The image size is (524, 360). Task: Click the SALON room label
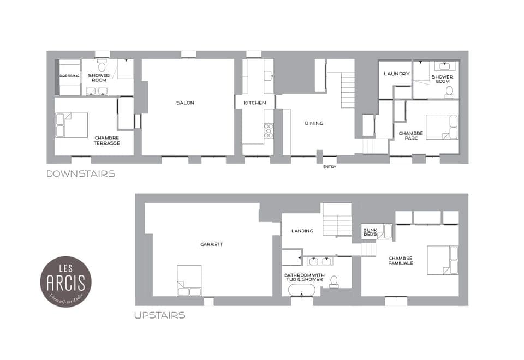pyautogui.click(x=185, y=103)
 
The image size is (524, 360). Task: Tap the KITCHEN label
pyautogui.click(x=254, y=103)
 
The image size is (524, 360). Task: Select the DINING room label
pyautogui.click(x=314, y=123)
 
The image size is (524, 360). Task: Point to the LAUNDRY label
pyautogui.click(x=396, y=74)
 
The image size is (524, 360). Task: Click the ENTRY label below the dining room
pyautogui.click(x=330, y=166)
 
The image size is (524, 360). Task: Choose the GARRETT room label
pyautogui.click(x=211, y=244)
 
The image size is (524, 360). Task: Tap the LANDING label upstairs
pyautogui.click(x=302, y=231)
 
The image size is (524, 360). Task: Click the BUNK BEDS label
pyautogui.click(x=370, y=232)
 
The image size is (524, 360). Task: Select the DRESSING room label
pyautogui.click(x=69, y=76)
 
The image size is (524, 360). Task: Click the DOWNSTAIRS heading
pyautogui.click(x=81, y=174)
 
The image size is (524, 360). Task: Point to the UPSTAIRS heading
pyautogui.click(x=160, y=315)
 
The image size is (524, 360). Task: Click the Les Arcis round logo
pyautogui.click(x=66, y=281)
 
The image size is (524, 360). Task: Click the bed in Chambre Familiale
pyautogui.click(x=442, y=260)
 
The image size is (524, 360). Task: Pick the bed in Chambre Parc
pyautogui.click(x=442, y=128)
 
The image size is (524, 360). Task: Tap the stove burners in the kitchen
pyautogui.click(x=269, y=131)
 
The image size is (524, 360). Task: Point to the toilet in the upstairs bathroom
pyautogui.click(x=334, y=281)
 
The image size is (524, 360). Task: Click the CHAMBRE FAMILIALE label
pyautogui.click(x=401, y=260)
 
